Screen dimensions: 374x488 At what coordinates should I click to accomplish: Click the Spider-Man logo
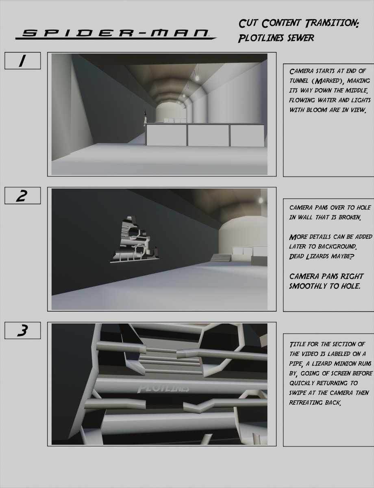(116, 35)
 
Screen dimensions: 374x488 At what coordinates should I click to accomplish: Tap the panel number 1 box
(22, 61)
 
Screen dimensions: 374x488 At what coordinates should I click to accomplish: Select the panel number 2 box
(22, 196)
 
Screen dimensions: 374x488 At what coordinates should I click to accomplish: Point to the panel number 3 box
(22, 330)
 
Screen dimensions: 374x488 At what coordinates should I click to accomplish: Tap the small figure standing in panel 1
(145, 118)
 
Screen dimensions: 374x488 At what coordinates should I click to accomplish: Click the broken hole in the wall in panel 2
(135, 240)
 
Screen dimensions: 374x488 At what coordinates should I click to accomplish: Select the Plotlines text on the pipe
(163, 389)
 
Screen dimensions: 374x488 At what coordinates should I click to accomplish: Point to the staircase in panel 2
(221, 257)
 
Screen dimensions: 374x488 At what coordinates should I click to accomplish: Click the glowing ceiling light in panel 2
(261, 200)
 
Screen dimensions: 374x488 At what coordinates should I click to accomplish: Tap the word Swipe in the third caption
(298, 393)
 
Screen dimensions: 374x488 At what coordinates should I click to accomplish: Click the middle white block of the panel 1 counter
(208, 135)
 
